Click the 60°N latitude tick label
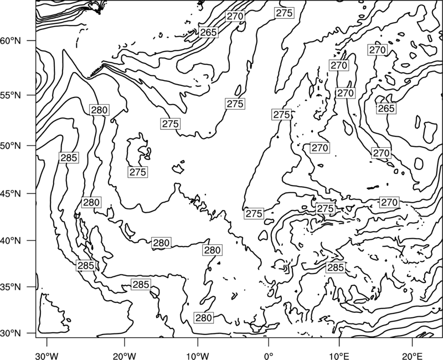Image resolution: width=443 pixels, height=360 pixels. click(11, 41)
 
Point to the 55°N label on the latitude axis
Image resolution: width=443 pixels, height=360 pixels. click(11, 95)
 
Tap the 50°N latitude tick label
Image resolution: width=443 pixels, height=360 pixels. click(11, 146)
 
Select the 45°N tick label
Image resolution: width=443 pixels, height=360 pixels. click(11, 194)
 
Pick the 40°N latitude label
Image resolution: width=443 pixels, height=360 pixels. click(11, 241)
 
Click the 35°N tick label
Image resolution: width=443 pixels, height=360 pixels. click(11, 287)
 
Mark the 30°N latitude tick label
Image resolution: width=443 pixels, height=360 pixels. click(11, 333)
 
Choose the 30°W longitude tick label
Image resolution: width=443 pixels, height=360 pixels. click(47, 356)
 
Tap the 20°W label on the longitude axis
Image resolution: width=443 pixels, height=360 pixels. click(124, 356)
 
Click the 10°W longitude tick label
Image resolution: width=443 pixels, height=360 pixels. click(198, 356)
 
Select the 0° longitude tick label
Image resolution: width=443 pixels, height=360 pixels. click(268, 356)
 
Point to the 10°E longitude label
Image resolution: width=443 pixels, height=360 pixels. click(339, 356)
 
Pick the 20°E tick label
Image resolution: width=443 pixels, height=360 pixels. click(412, 356)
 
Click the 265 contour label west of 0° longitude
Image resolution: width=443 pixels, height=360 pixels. click(208, 33)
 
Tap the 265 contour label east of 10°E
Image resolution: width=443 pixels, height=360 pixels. click(386, 108)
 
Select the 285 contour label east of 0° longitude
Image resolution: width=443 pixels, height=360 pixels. click(336, 268)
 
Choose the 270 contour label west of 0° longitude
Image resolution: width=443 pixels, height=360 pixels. click(235, 17)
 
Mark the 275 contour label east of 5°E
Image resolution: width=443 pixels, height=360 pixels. click(326, 209)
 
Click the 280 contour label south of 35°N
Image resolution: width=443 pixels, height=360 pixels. click(203, 318)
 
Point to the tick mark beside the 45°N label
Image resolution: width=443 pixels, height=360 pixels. click(32, 193)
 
